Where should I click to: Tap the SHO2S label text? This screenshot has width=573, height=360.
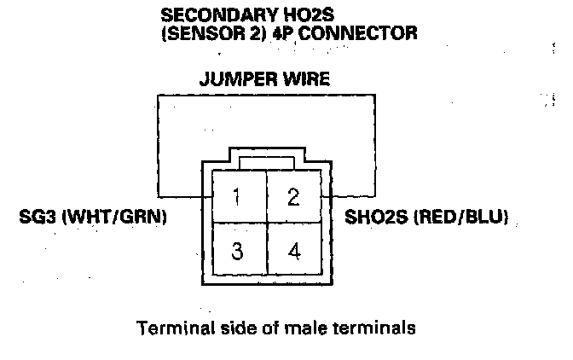(373, 218)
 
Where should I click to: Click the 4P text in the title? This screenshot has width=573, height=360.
(286, 33)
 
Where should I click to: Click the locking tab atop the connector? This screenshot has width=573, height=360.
(268, 162)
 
